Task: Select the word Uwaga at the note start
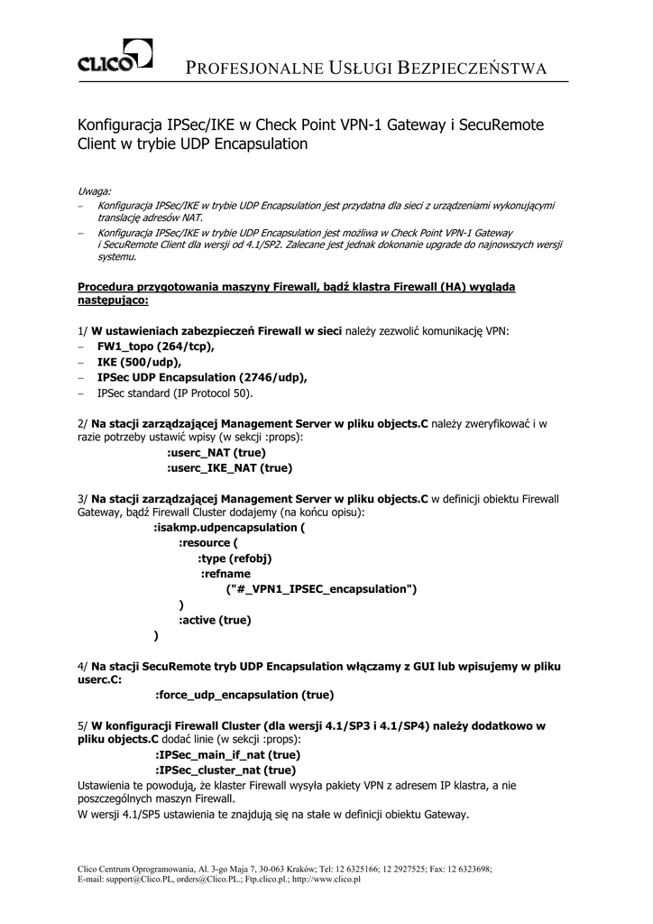pos(95,191)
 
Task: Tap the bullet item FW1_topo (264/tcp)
pos(157,346)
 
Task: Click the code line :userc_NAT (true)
pos(216,452)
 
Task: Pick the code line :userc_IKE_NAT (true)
pos(230,468)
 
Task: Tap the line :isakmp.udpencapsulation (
pos(230,527)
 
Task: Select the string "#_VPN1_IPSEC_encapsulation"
pos(320,589)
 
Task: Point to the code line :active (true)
pos(215,620)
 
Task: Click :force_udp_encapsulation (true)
pos(244,695)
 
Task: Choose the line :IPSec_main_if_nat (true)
pos(228,754)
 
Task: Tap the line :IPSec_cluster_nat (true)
pos(225,770)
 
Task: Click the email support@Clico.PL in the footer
pos(139,880)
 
